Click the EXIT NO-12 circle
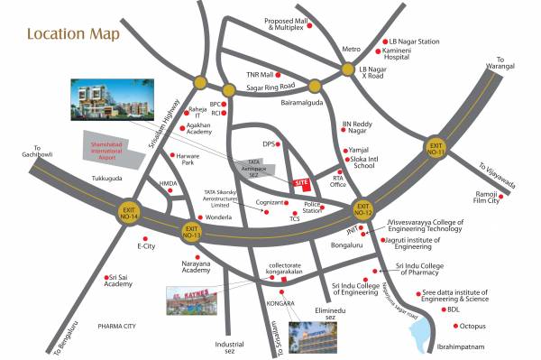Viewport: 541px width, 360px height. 363,208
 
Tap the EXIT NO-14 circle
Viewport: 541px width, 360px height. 130,214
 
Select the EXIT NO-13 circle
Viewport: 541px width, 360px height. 191,230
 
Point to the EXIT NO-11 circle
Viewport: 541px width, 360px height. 437,147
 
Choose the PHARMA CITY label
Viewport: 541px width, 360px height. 116,325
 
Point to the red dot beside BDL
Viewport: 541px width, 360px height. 444,309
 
